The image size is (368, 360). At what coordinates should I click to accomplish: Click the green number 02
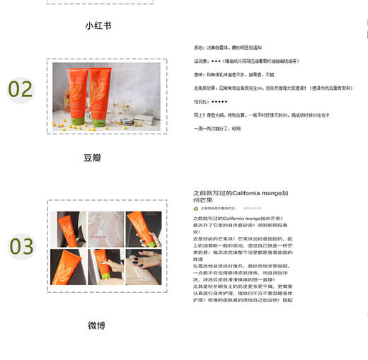coord(21,90)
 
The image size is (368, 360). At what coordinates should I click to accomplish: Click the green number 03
coord(21,246)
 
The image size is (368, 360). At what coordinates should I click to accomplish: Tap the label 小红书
coord(98,25)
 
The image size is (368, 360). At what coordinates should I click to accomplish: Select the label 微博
coord(97,325)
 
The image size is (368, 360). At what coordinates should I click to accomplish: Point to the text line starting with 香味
coord(234,73)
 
